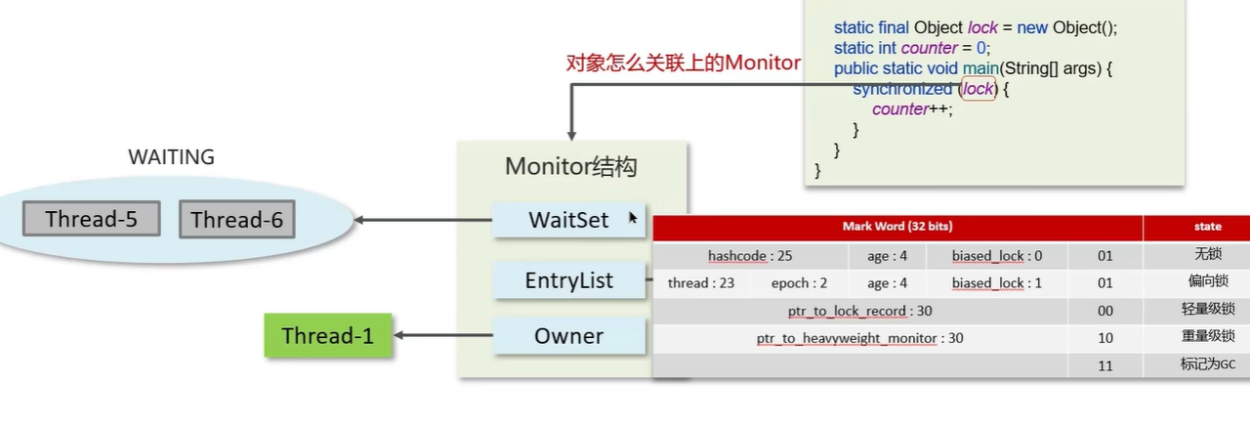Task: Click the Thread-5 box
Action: tap(91, 220)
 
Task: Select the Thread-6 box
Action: tap(236, 220)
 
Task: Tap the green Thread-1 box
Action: tap(327, 336)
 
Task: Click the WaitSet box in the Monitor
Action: tap(568, 221)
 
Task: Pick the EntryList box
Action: tap(568, 281)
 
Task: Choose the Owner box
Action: tap(568, 336)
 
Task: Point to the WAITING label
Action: tap(171, 157)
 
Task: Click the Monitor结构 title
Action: tap(570, 167)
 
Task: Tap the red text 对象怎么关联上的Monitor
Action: tap(684, 64)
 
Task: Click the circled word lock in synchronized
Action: tap(978, 89)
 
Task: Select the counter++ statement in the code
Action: tap(911, 109)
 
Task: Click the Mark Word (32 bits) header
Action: tap(896, 227)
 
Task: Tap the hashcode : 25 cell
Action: tap(750, 256)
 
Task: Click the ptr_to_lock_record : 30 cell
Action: tap(859, 312)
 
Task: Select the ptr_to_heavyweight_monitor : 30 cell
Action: tap(859, 338)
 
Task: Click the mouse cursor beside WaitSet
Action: tap(633, 218)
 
